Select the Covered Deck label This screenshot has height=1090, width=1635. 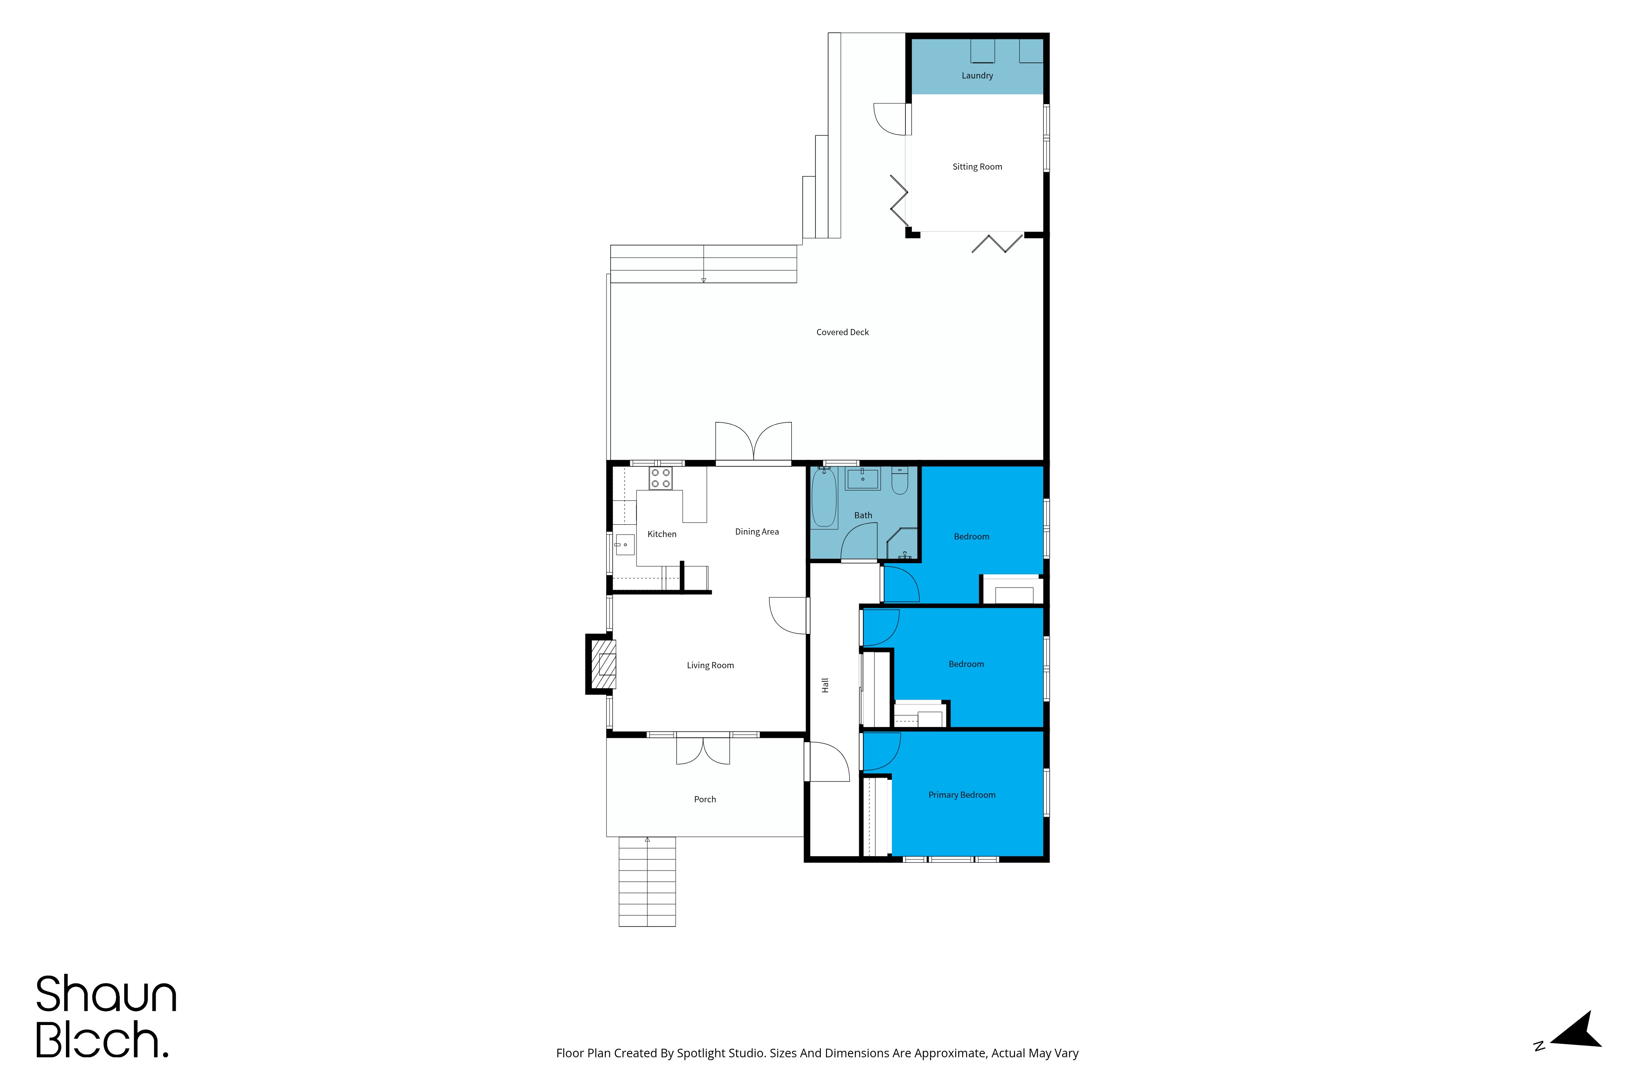(842, 332)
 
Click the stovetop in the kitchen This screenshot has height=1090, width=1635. (661, 478)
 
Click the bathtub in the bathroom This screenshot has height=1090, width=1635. (824, 498)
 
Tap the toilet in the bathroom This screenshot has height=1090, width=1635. (900, 480)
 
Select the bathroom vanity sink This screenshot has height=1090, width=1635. (862, 478)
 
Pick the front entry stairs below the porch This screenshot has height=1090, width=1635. (647, 882)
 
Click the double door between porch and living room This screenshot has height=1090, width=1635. (703, 750)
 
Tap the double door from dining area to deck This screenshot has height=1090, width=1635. (754, 442)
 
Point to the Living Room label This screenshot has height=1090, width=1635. (710, 665)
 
